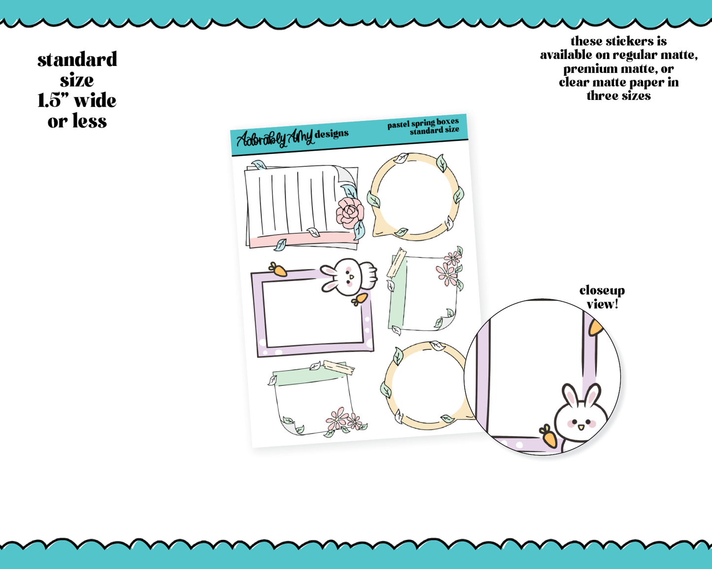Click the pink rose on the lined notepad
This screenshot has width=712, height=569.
pos(350,213)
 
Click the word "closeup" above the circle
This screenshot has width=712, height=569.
pos(602,290)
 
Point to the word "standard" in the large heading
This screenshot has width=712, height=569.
pos(77,60)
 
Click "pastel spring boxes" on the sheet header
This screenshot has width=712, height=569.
pos(423,123)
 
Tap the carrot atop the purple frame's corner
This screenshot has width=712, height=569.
pos(278,269)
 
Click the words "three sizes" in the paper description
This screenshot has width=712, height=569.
pos(619,96)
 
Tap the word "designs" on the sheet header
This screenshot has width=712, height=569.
pos(332,133)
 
